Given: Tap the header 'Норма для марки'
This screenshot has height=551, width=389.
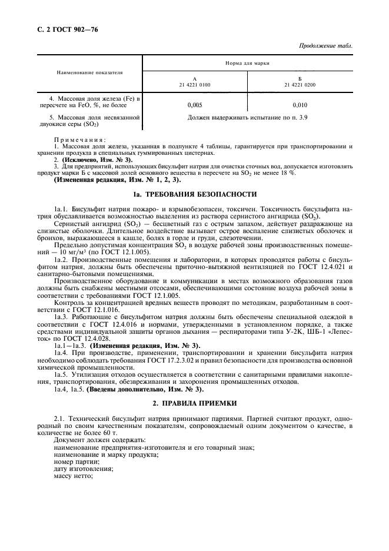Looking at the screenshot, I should point(248,62).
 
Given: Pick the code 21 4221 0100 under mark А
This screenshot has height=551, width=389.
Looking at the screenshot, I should point(194,85).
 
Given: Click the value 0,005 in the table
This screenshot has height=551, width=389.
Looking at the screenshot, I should point(195,104).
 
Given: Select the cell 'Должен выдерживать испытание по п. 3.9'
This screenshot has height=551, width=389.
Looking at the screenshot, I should point(247,118).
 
